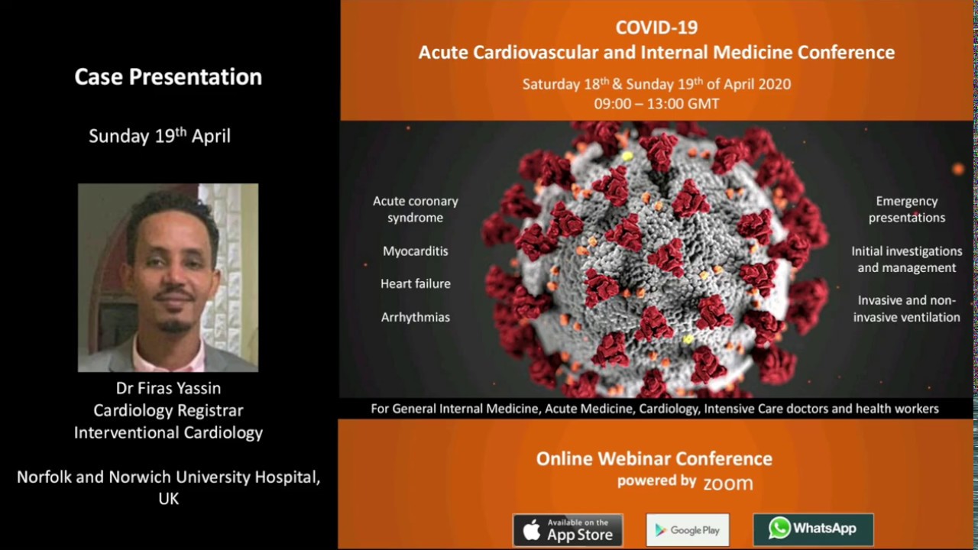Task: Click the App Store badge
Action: coord(567,529)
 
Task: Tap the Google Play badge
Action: coord(688,529)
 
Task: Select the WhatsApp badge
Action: coord(813,529)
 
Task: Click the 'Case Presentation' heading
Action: coord(168,76)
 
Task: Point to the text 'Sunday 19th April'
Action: coord(160,136)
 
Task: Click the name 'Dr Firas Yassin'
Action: coord(168,388)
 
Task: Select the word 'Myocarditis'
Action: coord(416,251)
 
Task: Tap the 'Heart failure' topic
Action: coord(416,283)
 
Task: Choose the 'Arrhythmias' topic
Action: coord(416,316)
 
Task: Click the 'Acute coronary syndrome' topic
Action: coord(416,209)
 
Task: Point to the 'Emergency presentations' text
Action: coord(907,209)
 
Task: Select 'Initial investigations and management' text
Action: coord(907,259)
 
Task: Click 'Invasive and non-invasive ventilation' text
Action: coord(907,309)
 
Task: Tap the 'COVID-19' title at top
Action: coord(656,27)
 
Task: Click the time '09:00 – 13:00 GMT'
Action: coord(656,104)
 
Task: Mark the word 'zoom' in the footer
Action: coord(727,483)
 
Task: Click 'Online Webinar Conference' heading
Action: coord(654,458)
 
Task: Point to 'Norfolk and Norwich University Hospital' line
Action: coord(168,477)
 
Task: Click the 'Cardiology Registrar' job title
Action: coord(168,410)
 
